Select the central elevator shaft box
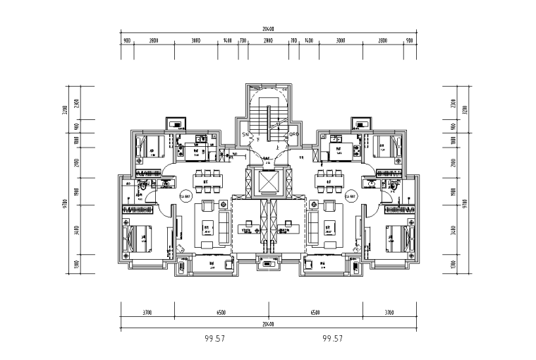(269, 182)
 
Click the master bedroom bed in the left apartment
(140, 235)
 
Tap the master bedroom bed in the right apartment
(396, 235)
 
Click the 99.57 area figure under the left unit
(214, 339)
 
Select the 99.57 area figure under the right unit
(331, 339)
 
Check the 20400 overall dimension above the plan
(268, 30)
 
